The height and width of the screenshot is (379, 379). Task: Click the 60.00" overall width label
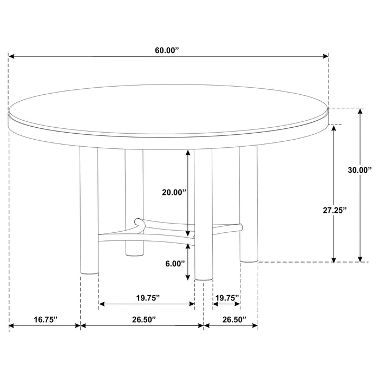pos(167,50)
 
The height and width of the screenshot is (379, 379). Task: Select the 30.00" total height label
pos(360,170)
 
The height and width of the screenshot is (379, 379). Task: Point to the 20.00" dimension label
pos(174,192)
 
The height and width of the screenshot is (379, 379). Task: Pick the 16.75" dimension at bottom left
pos(44,319)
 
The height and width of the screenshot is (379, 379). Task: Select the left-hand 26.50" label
pos(142,319)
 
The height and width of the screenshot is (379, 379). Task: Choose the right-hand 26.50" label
pos(231,319)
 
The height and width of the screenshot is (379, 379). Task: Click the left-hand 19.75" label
pos(146,297)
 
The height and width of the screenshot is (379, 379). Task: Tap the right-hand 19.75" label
pos(227,297)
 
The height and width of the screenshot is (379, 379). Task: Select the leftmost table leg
pos(89,211)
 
